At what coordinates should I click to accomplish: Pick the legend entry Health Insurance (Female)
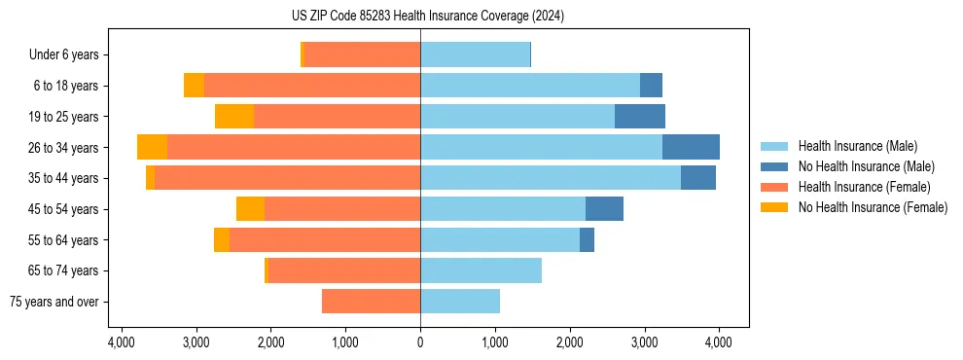click(864, 187)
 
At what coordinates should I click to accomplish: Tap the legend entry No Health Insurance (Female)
click(873, 207)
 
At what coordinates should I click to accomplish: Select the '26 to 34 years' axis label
click(62, 148)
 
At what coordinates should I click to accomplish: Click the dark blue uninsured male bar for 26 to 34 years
click(691, 147)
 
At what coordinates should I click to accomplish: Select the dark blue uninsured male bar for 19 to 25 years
click(640, 117)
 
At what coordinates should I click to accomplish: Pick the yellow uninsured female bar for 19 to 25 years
click(234, 117)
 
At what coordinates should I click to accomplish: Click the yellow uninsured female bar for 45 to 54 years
click(250, 209)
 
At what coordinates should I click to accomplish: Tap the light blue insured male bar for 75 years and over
click(460, 302)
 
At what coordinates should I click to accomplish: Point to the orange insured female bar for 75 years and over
click(371, 302)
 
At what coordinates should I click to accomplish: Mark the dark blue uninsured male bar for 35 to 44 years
click(698, 178)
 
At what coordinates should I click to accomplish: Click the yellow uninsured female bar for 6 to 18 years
click(194, 86)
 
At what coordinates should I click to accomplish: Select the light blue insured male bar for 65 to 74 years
click(481, 270)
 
